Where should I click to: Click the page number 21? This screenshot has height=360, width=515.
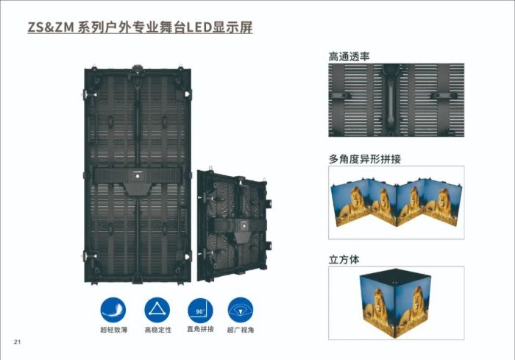coord(17,342)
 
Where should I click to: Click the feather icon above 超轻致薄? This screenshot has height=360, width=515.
coord(113,310)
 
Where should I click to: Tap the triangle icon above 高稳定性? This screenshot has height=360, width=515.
coord(157,310)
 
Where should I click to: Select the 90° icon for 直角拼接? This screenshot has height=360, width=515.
coord(200,311)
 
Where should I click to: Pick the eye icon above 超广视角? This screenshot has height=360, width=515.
coord(241,310)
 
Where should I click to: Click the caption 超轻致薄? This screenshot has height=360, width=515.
coord(113,330)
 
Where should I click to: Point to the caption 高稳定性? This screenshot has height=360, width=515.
coord(158,330)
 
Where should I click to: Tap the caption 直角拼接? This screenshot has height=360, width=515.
coord(200,329)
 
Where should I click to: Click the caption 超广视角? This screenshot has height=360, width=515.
coord(241,330)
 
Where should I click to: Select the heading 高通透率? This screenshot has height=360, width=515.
coord(349,57)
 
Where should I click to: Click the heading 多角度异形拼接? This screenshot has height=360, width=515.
coord(365,159)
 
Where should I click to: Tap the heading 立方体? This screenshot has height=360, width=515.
coord(344,259)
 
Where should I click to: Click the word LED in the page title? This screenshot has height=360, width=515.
coord(199,27)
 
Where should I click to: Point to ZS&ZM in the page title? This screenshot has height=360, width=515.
coord(51,27)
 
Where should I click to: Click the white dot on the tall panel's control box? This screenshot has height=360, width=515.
coord(138,176)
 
